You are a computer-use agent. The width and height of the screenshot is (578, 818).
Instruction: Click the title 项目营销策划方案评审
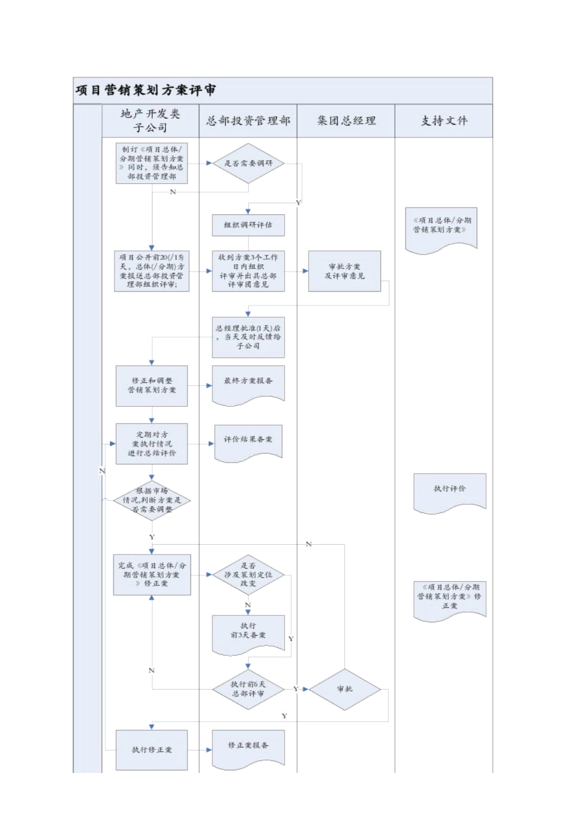[x=146, y=91]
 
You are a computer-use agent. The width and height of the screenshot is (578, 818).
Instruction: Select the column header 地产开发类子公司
[x=150, y=121]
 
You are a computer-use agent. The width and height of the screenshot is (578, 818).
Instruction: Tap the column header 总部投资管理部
[x=248, y=121]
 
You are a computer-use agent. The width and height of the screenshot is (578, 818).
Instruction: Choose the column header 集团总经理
[x=346, y=121]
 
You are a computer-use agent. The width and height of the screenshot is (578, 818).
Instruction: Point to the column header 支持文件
[x=444, y=121]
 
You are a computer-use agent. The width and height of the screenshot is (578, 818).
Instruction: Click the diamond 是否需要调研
[x=248, y=163]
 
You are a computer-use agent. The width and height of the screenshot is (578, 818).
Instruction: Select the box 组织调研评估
[x=248, y=225]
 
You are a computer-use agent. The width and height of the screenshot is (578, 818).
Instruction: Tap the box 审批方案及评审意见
[x=344, y=271]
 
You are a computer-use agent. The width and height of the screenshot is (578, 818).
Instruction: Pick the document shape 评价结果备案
[x=248, y=441]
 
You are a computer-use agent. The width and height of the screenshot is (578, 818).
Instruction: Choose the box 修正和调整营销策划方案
[x=151, y=385]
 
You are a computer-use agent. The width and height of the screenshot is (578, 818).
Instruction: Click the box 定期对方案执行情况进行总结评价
[x=151, y=444]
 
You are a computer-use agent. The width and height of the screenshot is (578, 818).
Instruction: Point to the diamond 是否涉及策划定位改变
[x=248, y=575]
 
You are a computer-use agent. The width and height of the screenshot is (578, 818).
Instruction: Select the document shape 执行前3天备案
[x=248, y=633]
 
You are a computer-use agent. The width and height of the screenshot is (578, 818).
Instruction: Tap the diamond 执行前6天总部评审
[x=248, y=689]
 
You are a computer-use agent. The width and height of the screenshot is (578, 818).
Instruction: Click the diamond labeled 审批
[x=345, y=689]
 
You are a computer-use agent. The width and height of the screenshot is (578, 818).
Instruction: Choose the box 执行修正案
[x=151, y=750]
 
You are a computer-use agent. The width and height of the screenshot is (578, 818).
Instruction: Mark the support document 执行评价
[x=450, y=491]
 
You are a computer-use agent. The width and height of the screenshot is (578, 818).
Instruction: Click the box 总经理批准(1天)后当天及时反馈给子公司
[x=248, y=337]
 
